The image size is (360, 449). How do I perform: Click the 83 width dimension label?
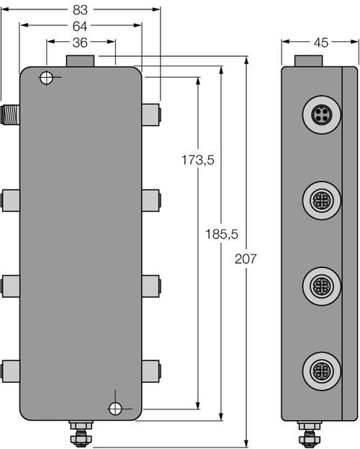pos(81,11)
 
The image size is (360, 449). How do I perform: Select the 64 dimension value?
pos(81,27)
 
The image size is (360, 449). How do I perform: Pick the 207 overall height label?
pos(246,259)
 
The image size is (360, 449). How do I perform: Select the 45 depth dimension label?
pos(320,43)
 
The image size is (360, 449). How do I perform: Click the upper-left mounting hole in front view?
pos(47,77)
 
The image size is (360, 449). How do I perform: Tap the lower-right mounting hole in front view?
pos(115,409)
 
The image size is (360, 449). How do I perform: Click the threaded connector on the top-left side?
pos(10,112)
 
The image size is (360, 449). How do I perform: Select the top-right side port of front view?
pos(151,112)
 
